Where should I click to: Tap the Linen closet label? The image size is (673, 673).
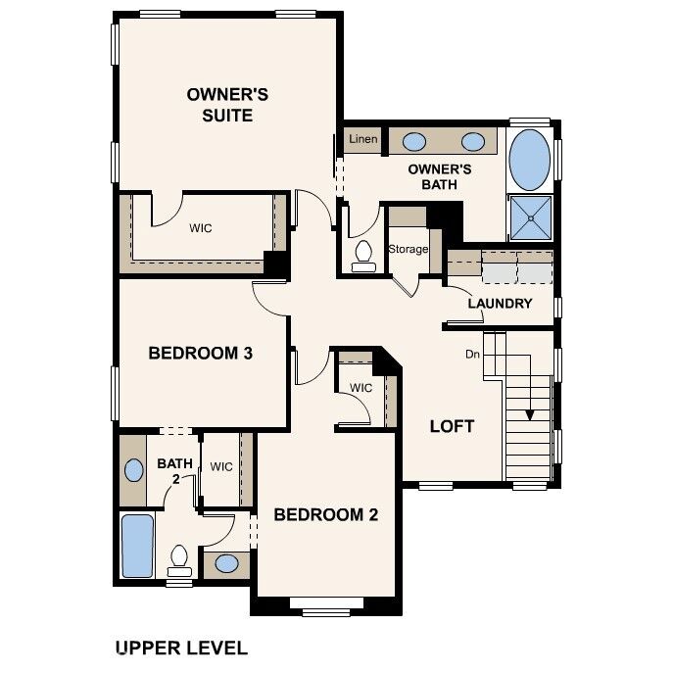coord(363,140)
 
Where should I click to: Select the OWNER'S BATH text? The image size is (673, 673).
coord(440,176)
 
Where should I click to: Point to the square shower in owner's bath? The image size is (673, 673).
coord(530,217)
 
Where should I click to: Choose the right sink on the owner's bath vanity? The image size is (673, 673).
coord(472,141)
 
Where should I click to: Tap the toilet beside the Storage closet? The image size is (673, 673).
coord(363,255)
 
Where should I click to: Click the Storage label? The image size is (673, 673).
coord(409,249)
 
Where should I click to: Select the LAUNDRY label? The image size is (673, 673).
coord(500,303)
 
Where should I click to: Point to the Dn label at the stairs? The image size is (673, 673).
coord(472,353)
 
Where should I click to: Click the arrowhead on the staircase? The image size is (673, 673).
coord(530,413)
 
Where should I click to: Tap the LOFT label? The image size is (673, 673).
coord(453,426)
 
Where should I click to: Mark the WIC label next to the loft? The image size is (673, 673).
coord(361,388)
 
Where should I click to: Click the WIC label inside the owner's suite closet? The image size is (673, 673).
coord(201,228)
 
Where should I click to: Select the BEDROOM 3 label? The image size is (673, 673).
coord(201,353)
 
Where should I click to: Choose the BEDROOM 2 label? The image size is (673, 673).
coord(325,514)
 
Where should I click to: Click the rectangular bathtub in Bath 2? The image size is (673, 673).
coord(137,547)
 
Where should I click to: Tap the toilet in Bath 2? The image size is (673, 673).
coord(179,558)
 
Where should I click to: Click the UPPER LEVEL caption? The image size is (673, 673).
coord(181,648)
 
